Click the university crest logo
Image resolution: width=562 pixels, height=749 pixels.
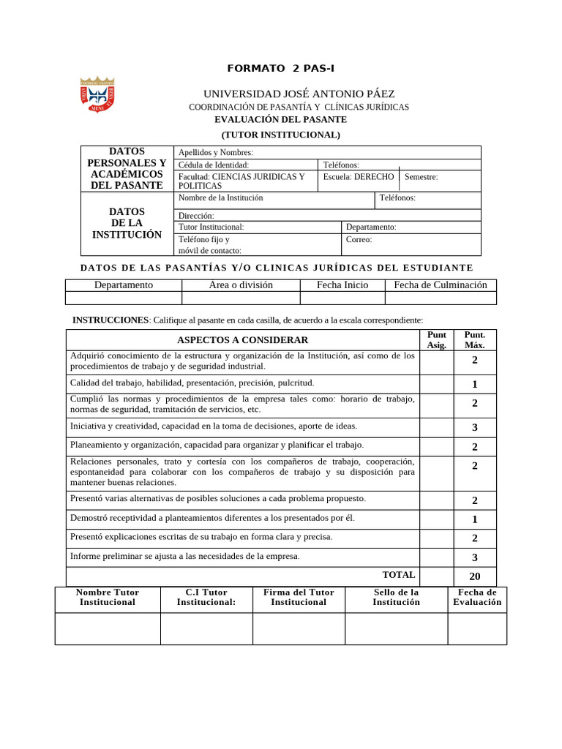(97, 94)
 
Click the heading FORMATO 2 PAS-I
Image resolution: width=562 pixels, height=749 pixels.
(281, 69)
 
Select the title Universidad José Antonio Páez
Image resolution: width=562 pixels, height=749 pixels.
(299, 94)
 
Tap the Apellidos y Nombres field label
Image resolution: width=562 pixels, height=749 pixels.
(216, 152)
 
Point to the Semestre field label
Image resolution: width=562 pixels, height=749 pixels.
(421, 176)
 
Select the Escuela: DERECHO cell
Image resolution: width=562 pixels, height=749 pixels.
(359, 176)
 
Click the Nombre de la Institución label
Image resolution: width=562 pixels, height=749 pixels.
(220, 197)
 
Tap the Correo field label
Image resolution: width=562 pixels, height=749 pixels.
(359, 239)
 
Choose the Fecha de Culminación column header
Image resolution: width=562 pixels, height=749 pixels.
(441, 285)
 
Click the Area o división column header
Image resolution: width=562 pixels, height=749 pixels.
(241, 285)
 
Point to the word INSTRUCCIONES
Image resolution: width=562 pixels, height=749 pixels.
(110, 320)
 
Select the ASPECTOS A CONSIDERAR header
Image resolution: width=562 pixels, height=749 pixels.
(242, 340)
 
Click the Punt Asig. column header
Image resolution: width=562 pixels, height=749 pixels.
(436, 340)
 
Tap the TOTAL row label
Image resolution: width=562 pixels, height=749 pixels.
(399, 575)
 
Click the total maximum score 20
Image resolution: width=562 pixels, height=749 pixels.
(474, 576)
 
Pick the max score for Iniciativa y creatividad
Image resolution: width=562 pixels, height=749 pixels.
(474, 427)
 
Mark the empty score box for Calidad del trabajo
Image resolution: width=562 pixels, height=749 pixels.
(436, 384)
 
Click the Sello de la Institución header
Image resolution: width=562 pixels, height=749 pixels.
(396, 597)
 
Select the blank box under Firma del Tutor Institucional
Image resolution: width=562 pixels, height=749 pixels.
(299, 628)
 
